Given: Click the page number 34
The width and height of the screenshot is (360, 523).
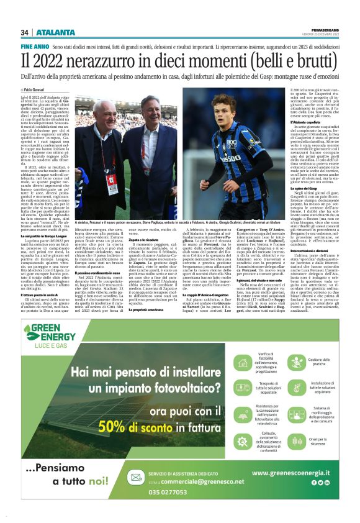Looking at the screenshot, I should coord(25,32).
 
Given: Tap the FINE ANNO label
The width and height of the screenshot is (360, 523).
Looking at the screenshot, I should coord(35,47).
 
